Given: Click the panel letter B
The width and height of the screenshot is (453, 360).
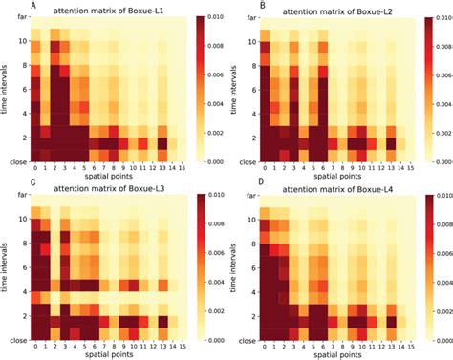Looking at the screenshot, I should point(236,6).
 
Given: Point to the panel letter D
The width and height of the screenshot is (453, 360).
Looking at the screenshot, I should point(236,183).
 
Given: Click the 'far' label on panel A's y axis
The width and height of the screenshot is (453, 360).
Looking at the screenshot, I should point(18,19).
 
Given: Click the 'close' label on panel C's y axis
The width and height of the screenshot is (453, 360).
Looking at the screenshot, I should point(15,339).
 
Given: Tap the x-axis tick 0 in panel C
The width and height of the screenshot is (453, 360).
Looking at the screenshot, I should point(35,347).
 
